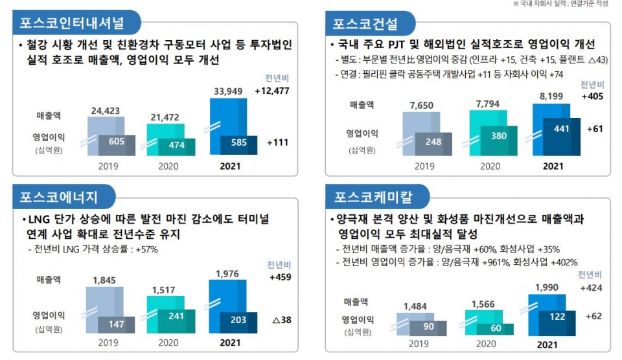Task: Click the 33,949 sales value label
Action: pyautogui.click(x=228, y=92)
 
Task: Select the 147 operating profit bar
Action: pyautogui.click(x=117, y=324)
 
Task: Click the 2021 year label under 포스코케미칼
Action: pyautogui.click(x=547, y=345)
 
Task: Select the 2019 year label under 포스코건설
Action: pyautogui.click(x=425, y=166)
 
